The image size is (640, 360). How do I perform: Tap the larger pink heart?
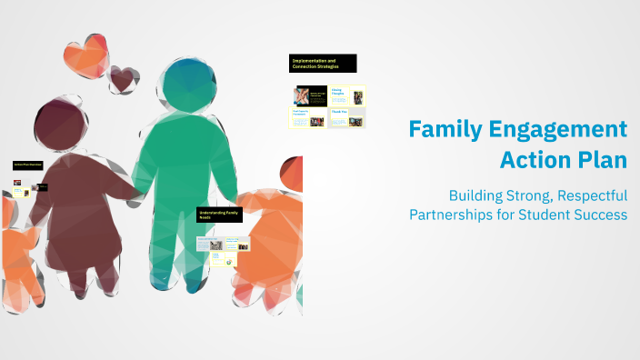[x=87, y=54]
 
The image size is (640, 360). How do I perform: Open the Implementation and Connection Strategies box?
[x=323, y=63]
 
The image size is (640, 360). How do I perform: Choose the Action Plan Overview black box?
[x=28, y=165]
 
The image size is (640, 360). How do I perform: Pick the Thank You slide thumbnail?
[x=346, y=117]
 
